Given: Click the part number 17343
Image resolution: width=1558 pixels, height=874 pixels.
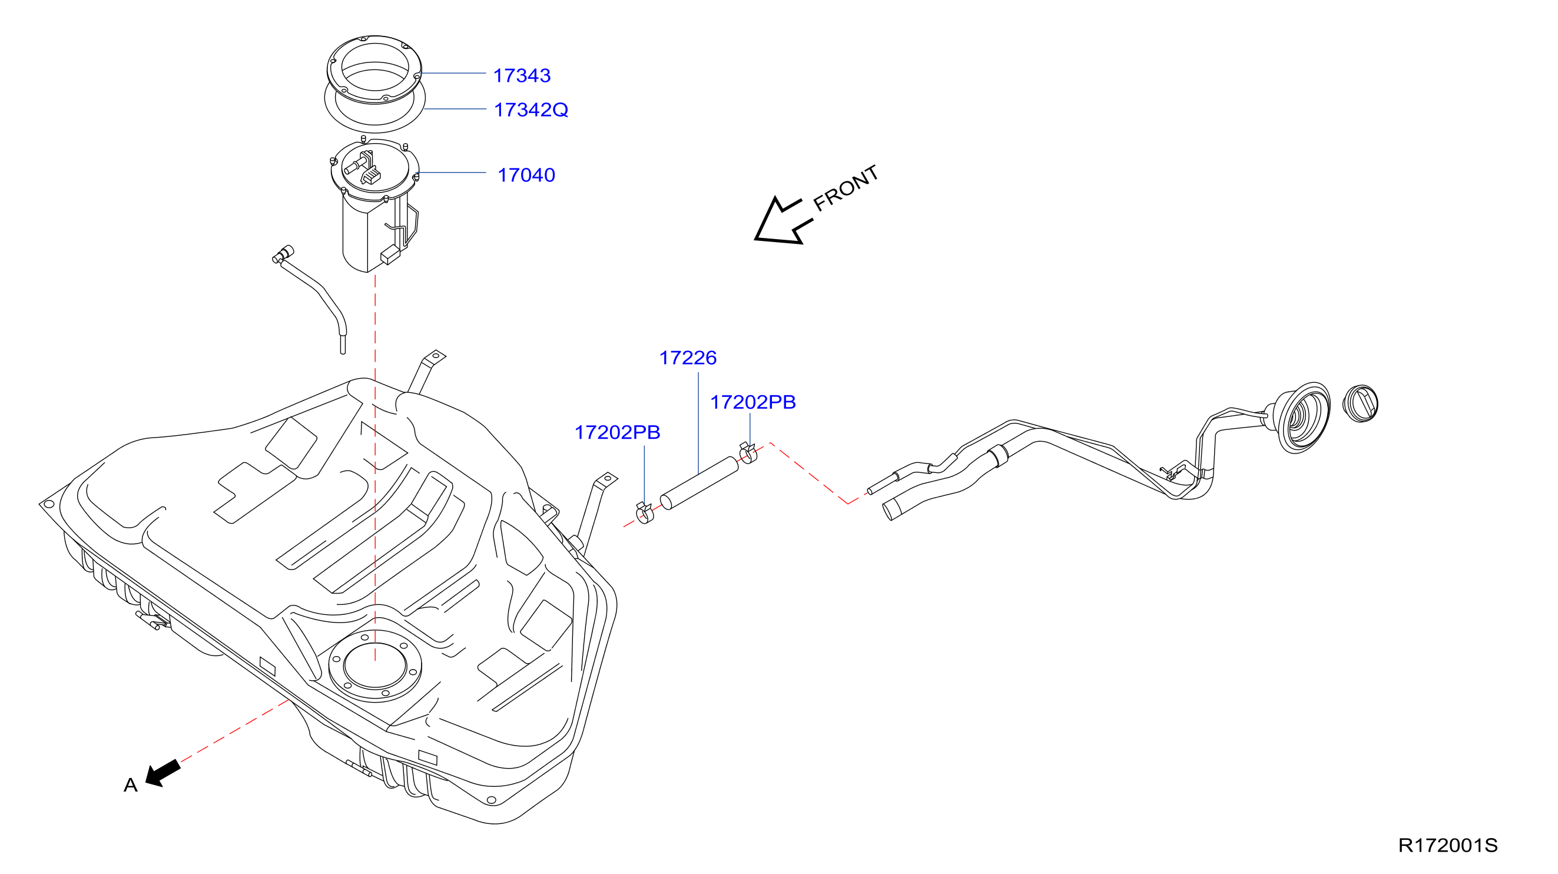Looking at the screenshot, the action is click(x=521, y=75).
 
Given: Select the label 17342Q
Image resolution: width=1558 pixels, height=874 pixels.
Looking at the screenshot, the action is click(x=531, y=110).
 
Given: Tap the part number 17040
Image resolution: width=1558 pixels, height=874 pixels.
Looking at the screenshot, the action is click(x=526, y=176).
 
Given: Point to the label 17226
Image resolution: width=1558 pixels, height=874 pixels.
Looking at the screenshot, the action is click(x=688, y=358).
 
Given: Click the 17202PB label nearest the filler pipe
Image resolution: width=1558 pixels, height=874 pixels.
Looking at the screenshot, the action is click(x=753, y=402).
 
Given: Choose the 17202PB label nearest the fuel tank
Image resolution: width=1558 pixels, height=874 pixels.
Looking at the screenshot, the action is click(x=617, y=432).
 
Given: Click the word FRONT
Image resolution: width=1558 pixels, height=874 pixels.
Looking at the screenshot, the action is click(x=846, y=188).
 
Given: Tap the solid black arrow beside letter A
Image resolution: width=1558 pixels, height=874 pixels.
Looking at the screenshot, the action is click(x=163, y=774).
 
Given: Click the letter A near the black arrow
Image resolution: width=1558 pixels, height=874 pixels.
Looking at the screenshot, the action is click(x=131, y=785).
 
